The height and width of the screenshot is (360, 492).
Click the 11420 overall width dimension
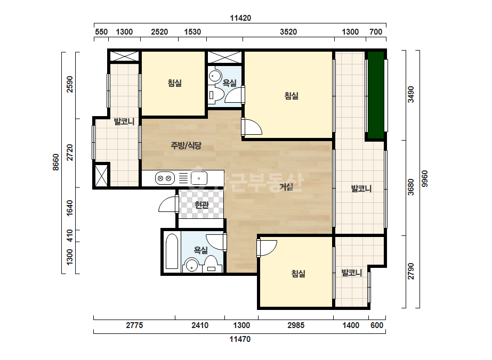coord(240,18)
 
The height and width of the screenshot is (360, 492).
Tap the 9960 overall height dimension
coord(424,179)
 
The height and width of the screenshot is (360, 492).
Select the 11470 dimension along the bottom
coord(240,339)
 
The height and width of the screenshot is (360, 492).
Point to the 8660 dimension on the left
coord(55,162)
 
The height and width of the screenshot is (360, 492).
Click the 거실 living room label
coord(286,187)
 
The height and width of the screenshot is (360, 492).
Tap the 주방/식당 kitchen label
coord(185,145)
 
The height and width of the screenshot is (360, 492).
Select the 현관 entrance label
coord(201,205)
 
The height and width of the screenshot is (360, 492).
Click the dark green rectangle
coord(376,95)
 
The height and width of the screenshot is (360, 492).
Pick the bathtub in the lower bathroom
coord(172,251)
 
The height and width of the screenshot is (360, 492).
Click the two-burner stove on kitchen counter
coord(165,178)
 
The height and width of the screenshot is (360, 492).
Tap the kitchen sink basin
coord(199,178)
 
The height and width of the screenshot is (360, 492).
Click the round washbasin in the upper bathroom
coord(215,76)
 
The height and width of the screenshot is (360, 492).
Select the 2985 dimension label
coord(296,325)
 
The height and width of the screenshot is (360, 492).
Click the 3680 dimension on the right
coord(411,187)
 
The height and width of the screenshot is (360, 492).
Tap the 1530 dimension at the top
coord(192,31)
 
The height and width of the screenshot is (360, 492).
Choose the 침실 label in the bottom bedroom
coord(298,273)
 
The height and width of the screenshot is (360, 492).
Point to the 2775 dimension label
coord(134,325)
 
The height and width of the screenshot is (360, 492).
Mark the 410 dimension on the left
coord(69,236)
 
